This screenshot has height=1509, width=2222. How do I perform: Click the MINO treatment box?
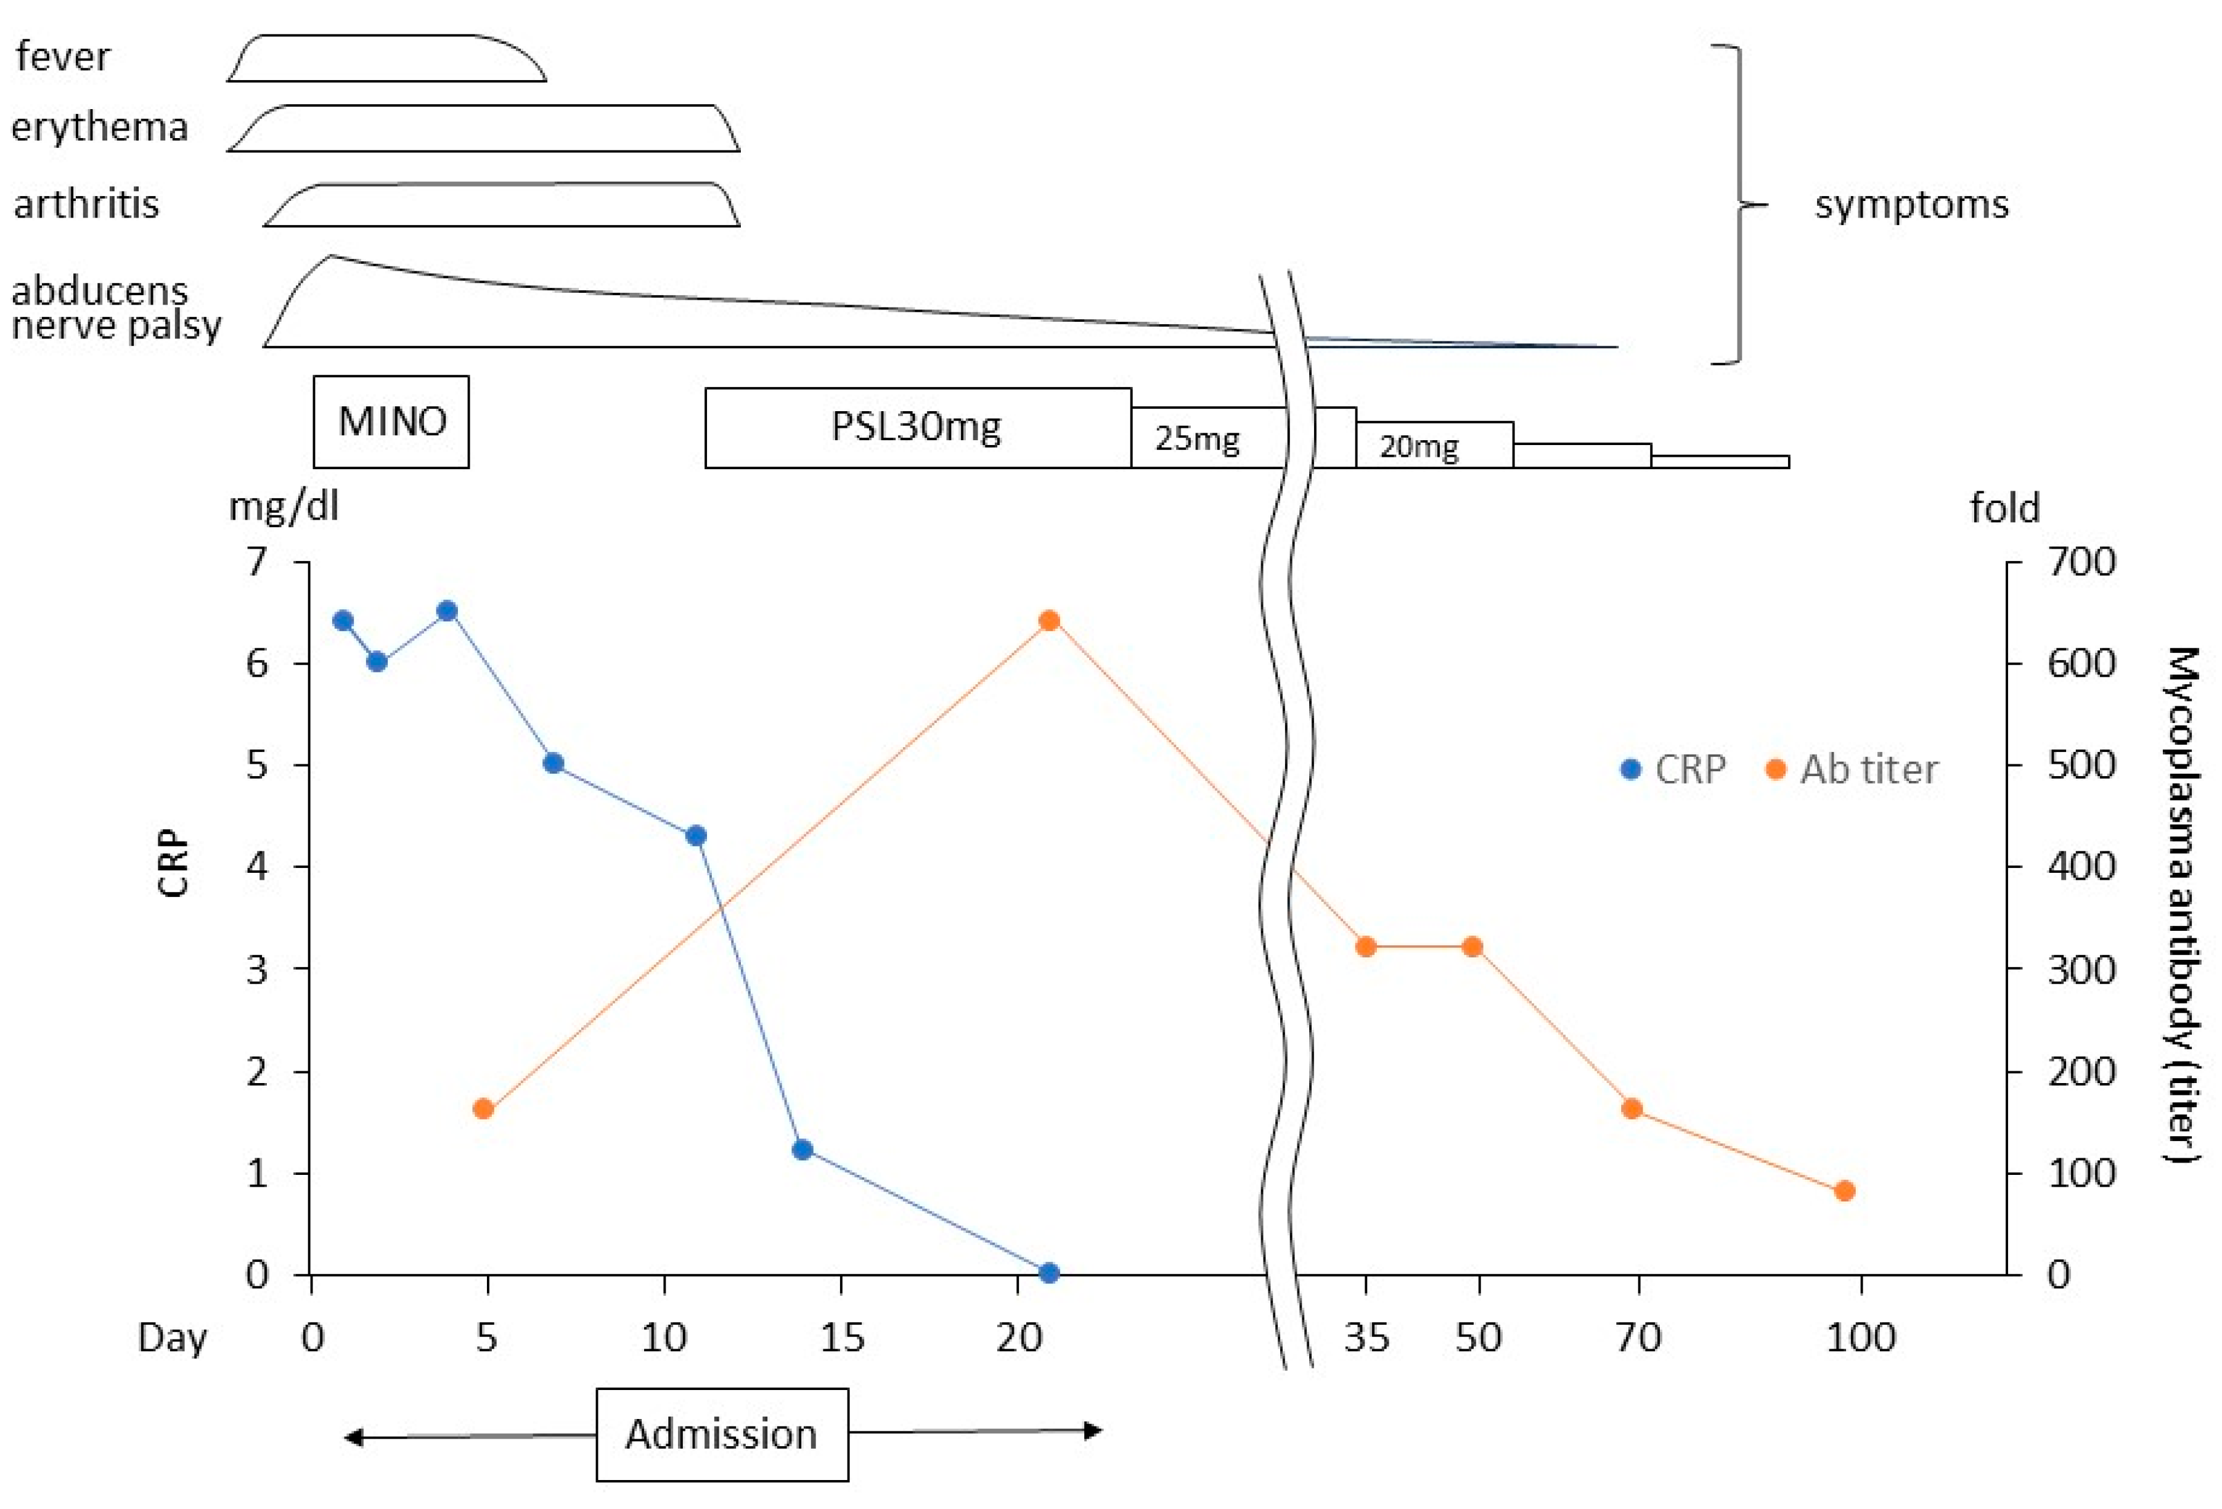pyautogui.click(x=391, y=422)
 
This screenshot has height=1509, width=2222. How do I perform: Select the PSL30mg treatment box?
pyautogui.click(x=917, y=427)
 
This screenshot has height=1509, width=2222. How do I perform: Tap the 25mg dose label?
pyautogui.click(x=1197, y=438)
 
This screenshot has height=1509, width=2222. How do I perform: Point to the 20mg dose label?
pyautogui.click(x=1419, y=446)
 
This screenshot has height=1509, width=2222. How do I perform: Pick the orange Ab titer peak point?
pyautogui.click(x=1049, y=621)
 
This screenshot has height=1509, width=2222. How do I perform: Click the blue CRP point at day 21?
pyautogui.click(x=1049, y=1273)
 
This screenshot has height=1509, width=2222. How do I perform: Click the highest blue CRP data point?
pyautogui.click(x=446, y=611)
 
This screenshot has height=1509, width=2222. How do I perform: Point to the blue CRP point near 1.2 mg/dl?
pyautogui.click(x=803, y=1150)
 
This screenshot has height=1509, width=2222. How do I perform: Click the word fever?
pyautogui.click(x=63, y=57)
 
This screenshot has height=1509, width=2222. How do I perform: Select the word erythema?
pyautogui.click(x=99, y=127)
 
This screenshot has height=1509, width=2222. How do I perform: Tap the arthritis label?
pyautogui.click(x=86, y=203)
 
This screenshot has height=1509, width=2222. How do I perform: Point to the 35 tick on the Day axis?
pyautogui.click(x=1366, y=1337)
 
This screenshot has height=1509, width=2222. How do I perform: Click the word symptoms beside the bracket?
pyautogui.click(x=1912, y=205)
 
